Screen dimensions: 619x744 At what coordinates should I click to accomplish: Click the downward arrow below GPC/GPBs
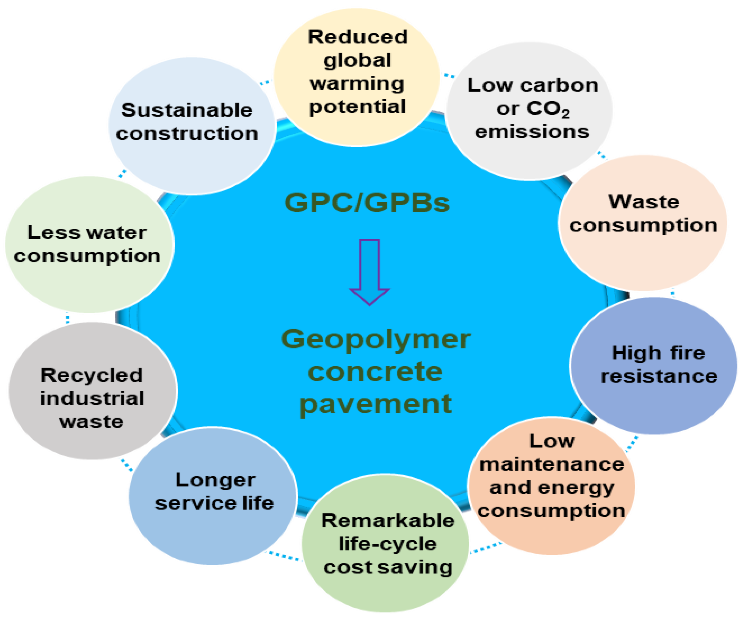[370, 271]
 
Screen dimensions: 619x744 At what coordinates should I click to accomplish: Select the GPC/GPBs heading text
[367, 203]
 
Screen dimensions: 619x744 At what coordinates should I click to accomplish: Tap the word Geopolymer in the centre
[376, 339]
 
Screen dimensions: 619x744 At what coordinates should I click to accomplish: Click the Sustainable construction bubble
[192, 126]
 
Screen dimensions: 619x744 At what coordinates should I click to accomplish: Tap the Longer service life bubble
[213, 496]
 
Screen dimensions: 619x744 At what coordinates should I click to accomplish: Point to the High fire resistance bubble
[654, 365]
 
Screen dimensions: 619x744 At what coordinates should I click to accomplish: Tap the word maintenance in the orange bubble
[551, 464]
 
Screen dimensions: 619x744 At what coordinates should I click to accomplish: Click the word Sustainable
[187, 110]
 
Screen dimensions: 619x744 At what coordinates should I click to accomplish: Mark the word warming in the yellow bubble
[357, 84]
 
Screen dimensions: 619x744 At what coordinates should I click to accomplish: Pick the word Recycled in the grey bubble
[92, 375]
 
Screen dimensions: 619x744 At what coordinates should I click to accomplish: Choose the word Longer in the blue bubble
[215, 480]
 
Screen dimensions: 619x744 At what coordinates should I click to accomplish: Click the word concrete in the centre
[375, 372]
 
